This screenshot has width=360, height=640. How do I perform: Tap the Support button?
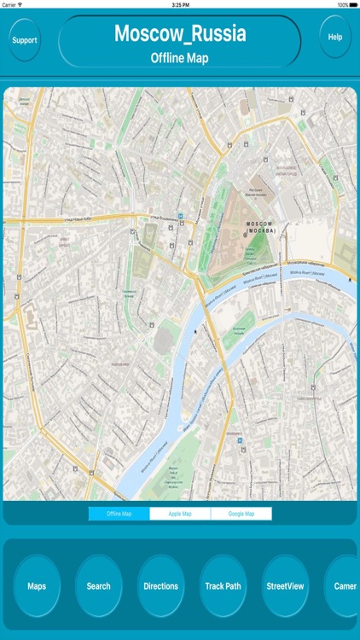25,40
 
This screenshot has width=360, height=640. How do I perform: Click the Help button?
335,38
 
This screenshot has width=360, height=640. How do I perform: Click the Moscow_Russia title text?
180,34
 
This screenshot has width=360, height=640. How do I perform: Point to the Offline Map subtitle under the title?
180,58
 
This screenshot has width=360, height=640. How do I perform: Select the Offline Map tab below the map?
119,514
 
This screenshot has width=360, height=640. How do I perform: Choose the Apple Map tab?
180,514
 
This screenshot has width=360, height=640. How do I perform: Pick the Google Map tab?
241,514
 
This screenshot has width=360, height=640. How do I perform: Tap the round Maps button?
37,586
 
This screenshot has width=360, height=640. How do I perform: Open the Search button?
99,586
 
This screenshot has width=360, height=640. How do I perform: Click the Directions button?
161,586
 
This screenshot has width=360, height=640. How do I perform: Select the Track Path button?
223,586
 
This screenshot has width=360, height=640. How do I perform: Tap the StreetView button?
285,586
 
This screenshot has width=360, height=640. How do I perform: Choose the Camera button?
344,586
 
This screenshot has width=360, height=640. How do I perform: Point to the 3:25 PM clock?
180,4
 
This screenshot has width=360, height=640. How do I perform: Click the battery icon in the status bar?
351,4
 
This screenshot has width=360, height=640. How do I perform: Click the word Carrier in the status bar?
10,4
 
